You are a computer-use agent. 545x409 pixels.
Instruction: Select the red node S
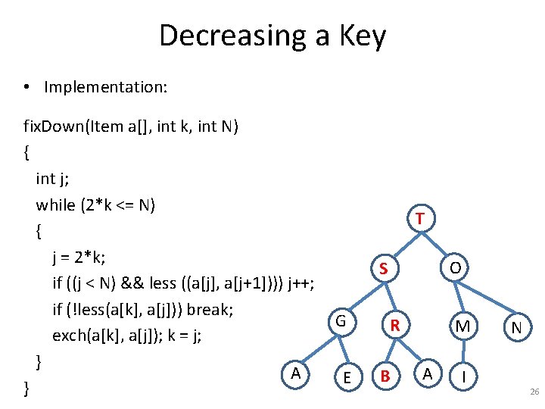(x=384, y=268)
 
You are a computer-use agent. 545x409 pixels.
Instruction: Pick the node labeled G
(x=341, y=321)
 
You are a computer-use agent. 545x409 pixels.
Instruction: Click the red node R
(x=394, y=326)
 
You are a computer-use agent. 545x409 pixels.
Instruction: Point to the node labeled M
(x=461, y=326)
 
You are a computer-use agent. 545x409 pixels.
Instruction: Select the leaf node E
(x=347, y=376)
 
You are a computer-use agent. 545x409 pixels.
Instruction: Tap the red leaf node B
(x=385, y=376)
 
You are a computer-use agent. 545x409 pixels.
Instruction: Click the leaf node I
(x=464, y=376)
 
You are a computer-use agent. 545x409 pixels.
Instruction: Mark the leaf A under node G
(x=296, y=373)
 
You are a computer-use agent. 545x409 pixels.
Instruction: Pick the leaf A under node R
(x=428, y=373)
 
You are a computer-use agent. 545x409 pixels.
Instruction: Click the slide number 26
(x=534, y=392)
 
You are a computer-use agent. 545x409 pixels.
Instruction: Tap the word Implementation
(x=105, y=87)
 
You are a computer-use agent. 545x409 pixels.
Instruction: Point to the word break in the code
(x=208, y=309)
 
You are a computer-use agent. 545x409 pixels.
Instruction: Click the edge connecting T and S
(x=401, y=244)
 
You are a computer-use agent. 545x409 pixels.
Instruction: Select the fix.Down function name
(x=56, y=126)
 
